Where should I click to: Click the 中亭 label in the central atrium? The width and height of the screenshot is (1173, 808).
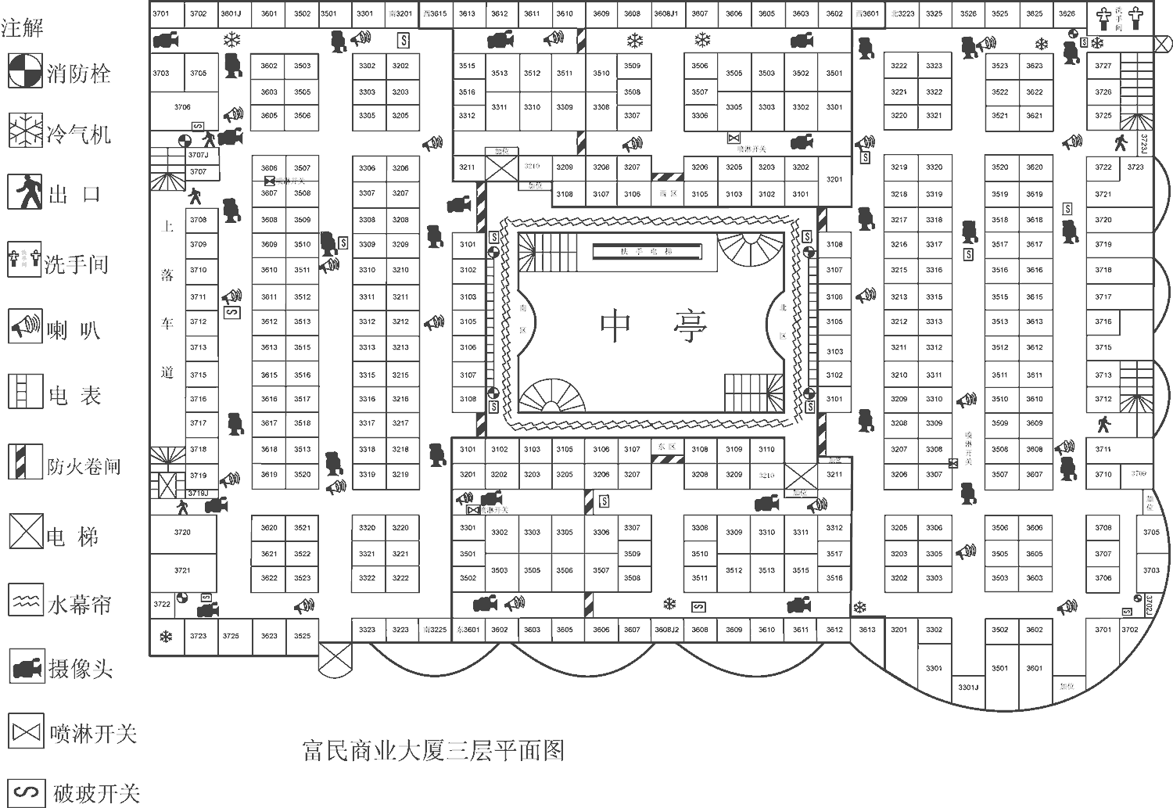pos(654,324)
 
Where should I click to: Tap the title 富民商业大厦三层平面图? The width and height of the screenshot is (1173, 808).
pos(432,751)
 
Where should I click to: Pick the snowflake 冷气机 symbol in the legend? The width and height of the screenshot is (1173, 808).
pos(25,130)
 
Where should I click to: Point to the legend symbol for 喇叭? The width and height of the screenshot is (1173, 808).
pos(25,325)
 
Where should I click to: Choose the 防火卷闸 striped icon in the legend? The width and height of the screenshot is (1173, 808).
pos(25,461)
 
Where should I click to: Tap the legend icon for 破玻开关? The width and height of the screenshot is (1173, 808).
pos(25,792)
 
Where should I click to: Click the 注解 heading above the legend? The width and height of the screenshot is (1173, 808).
pos(22,28)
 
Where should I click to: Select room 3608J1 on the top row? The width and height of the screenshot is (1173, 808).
pos(665,13)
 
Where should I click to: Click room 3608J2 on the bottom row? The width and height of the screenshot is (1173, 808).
pos(666,630)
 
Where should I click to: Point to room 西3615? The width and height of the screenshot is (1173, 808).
pos(435,13)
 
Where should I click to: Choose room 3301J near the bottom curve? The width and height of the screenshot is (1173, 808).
pos(968,688)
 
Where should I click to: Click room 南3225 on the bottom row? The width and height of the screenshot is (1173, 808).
pos(434,630)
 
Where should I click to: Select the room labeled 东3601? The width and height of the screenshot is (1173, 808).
pos(468,630)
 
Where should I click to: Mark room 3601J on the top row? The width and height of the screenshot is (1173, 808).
pos(231,13)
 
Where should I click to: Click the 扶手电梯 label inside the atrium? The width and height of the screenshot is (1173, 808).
pos(647,252)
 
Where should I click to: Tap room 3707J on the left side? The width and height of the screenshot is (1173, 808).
pos(199,155)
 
